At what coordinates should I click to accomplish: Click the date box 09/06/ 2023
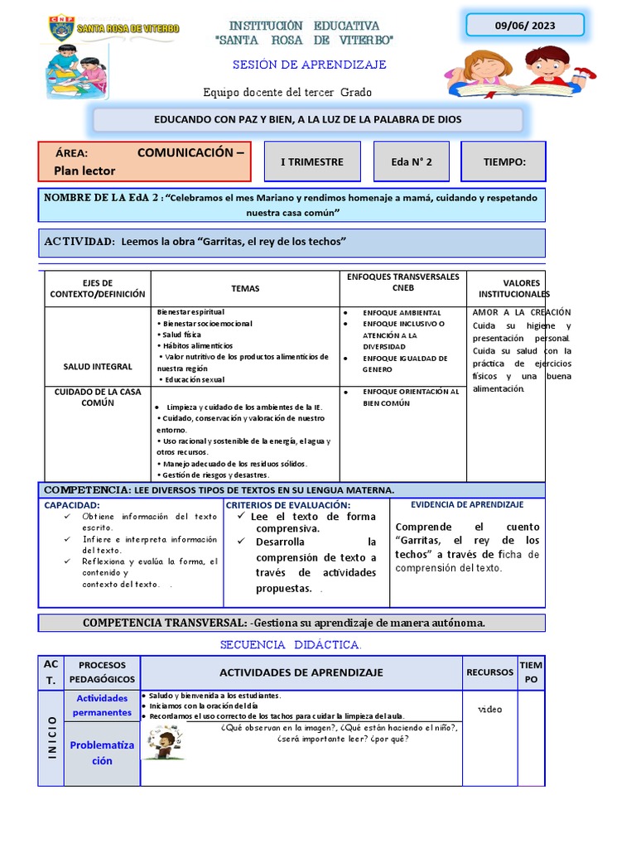click(x=524, y=26)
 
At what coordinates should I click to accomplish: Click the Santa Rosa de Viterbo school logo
click(x=113, y=30)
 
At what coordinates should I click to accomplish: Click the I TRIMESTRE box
click(x=311, y=161)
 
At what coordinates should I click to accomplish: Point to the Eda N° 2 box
click(x=412, y=161)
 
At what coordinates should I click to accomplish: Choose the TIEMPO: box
click(x=504, y=161)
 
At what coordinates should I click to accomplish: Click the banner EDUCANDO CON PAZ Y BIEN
click(x=308, y=119)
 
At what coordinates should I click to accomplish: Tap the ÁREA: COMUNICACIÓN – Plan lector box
click(x=145, y=161)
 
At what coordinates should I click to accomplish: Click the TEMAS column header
click(x=245, y=289)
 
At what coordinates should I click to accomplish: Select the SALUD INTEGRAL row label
click(x=97, y=366)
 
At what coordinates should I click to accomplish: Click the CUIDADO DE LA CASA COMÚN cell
click(x=97, y=397)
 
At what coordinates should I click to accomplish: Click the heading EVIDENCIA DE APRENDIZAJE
click(x=467, y=504)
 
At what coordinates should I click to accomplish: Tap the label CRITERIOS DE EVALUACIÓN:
click(x=288, y=505)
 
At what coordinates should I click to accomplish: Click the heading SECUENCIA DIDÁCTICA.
click(x=291, y=644)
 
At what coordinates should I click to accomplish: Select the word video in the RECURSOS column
click(x=489, y=709)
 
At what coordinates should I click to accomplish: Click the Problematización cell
click(x=102, y=753)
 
